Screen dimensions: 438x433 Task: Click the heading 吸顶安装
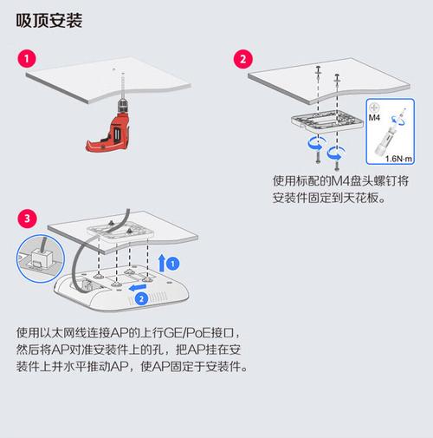coord(49,20)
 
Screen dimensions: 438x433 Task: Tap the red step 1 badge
coord(28,59)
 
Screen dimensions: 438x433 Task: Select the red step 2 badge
coord(245,59)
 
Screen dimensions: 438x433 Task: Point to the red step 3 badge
coord(28,218)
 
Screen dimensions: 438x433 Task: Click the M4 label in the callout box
coord(375,115)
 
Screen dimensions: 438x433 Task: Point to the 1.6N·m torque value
coord(398,158)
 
